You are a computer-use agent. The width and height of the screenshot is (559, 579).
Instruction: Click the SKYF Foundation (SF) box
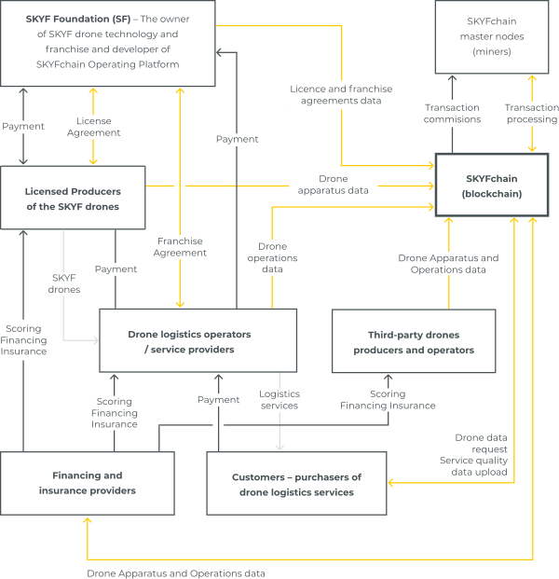pos(108,43)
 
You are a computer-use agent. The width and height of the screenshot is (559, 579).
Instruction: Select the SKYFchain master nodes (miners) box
pos(492,36)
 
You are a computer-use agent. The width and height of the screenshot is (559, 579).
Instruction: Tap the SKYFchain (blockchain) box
pos(492,185)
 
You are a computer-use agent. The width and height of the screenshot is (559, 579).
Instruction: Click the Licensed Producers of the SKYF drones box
pos(73,198)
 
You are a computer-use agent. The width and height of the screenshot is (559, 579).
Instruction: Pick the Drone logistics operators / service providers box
pos(198,340)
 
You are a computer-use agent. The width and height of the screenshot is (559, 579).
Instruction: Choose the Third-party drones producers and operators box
pos(414,341)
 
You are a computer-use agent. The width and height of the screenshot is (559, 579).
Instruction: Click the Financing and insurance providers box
pos(88,483)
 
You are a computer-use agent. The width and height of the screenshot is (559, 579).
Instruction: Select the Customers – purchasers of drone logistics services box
pos(296,483)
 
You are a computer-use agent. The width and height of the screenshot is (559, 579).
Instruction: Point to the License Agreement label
pos(94,127)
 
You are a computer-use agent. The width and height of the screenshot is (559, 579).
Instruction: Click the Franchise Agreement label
pos(180,247)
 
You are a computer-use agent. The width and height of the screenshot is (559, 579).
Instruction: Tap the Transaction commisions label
pos(453,114)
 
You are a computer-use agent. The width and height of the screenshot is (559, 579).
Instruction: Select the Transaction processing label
pos(532,114)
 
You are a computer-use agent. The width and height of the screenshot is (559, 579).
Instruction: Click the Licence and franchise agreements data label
pos(341,94)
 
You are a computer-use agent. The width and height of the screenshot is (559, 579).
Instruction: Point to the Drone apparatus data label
pos(334,185)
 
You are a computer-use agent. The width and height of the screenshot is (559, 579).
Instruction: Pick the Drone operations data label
pos(272,257)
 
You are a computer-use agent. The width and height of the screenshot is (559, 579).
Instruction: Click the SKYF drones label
pos(64,283)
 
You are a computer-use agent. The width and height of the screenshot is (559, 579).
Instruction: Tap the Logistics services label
pos(279,400)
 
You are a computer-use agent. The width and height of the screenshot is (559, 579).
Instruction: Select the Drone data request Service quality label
pos(474,455)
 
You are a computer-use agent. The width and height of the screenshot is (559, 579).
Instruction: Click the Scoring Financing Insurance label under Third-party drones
pos(388,400)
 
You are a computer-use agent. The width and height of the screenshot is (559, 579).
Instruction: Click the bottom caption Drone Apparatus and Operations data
pos(176,573)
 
